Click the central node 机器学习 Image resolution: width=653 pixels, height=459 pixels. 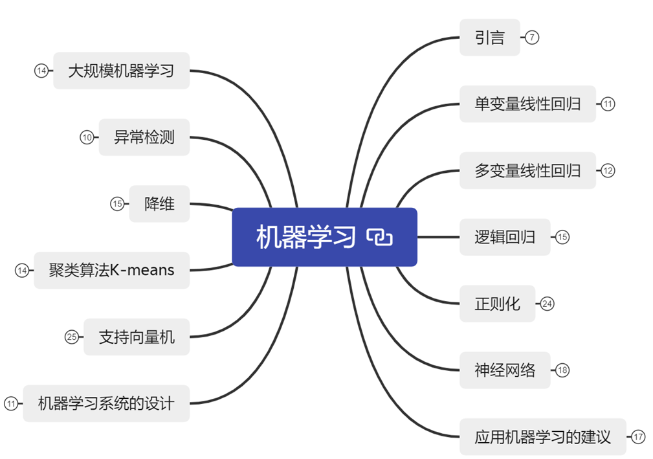[x=305, y=237]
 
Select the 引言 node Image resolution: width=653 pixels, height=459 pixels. [x=489, y=38]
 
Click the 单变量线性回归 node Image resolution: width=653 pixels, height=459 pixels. [x=527, y=104]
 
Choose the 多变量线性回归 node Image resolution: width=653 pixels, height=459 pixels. [x=527, y=171]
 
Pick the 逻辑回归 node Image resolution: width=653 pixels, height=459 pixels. [x=505, y=237]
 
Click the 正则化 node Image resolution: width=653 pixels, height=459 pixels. [x=497, y=304]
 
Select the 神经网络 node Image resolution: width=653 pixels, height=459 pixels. [x=505, y=370]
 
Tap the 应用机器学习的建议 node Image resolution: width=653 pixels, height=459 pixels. [x=542, y=437]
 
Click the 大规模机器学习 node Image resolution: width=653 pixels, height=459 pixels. [x=121, y=71]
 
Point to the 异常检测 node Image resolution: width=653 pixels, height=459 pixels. [x=144, y=137]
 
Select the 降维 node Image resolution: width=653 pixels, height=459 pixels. [x=159, y=204]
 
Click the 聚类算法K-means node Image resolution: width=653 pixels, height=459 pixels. [x=111, y=270]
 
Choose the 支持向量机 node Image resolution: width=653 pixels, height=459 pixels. [x=137, y=337]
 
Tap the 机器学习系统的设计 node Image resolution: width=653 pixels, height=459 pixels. [x=106, y=403]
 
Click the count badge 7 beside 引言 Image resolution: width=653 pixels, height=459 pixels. [x=532, y=38]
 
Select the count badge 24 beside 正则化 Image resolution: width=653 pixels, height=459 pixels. [x=548, y=304]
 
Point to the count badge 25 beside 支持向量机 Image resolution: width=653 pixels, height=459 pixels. [x=71, y=337]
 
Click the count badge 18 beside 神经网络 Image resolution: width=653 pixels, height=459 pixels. [x=562, y=370]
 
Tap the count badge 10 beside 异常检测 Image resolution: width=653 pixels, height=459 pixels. [x=87, y=137]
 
